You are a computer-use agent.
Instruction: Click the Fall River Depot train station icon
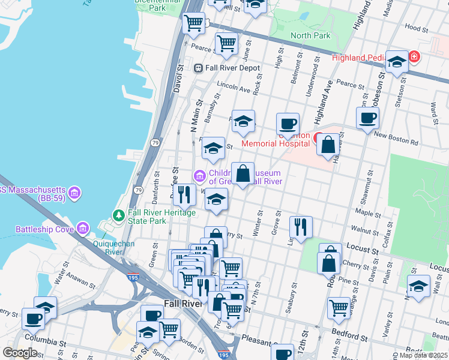(197, 68)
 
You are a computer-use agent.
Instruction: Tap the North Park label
(310, 36)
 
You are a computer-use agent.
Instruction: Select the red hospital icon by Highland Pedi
(414, 58)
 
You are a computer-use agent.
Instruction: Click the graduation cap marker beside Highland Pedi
(396, 62)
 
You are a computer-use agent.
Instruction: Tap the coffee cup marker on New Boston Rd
(367, 118)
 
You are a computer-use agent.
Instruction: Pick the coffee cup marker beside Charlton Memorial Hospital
(288, 124)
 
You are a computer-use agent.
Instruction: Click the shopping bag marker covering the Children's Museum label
(243, 175)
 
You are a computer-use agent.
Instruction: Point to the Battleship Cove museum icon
(82, 229)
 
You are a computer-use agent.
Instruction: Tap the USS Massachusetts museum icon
(74, 192)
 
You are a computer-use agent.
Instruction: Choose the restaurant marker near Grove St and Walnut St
(300, 226)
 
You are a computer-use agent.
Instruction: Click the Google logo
(20, 353)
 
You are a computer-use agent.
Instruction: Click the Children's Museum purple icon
(199, 176)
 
